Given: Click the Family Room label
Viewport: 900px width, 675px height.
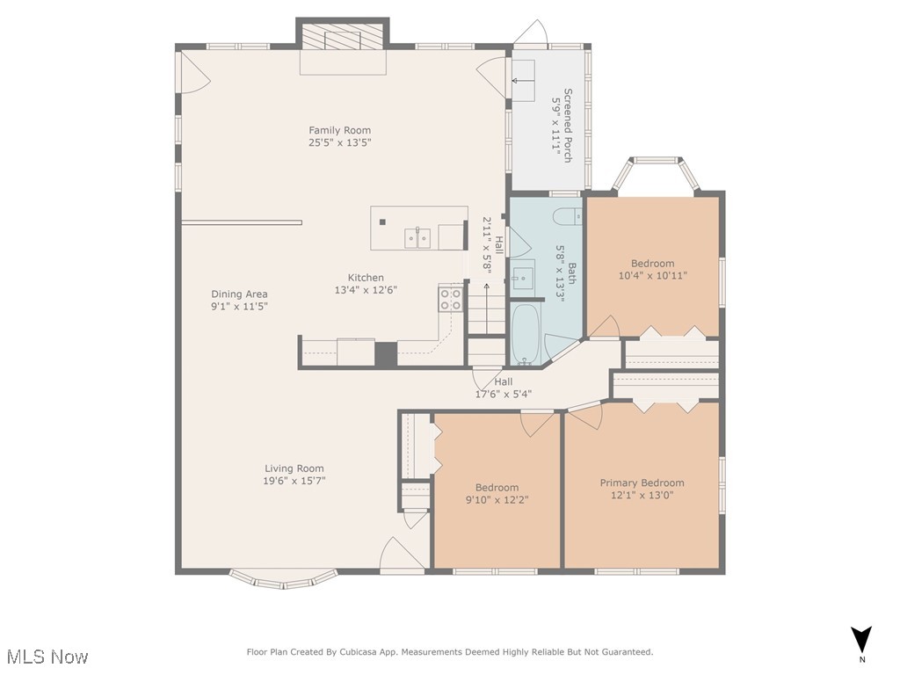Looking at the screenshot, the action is pyautogui.click(x=340, y=130).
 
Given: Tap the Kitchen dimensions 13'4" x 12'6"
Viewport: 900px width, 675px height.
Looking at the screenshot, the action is pyautogui.click(x=366, y=290).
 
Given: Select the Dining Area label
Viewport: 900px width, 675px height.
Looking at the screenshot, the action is pyautogui.click(x=239, y=294).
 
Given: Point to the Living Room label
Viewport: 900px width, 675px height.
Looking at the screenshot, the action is pyautogui.click(x=294, y=468).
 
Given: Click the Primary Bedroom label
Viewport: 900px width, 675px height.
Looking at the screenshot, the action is pyautogui.click(x=642, y=483).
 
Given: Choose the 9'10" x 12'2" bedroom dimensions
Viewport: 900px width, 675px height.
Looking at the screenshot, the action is pyautogui.click(x=497, y=499).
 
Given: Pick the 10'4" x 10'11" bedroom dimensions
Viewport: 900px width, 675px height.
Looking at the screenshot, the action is pyautogui.click(x=653, y=275).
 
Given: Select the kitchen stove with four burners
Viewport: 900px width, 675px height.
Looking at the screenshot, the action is pyautogui.click(x=451, y=299).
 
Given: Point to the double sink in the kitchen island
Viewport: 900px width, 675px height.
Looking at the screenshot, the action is pyautogui.click(x=417, y=237).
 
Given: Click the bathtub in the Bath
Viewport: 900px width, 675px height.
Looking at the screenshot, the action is pyautogui.click(x=526, y=334).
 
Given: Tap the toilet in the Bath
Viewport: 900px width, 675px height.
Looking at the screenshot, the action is pyautogui.click(x=568, y=215).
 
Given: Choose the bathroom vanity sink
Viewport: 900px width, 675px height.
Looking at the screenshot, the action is pyautogui.click(x=523, y=278).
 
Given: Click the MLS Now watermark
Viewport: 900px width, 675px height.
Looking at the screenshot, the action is pyautogui.click(x=47, y=657).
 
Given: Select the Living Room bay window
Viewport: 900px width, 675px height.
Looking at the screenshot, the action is pyautogui.click(x=284, y=578).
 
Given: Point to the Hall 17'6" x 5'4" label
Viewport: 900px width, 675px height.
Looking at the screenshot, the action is pyautogui.click(x=504, y=388).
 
